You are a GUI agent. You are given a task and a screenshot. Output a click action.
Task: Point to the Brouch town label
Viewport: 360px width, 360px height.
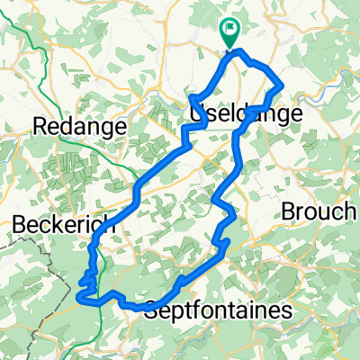tap(318, 211)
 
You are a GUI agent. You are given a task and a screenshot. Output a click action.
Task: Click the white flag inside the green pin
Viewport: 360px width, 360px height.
tap(231, 30)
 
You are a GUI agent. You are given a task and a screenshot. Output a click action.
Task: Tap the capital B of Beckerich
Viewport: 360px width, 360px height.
tap(20, 227)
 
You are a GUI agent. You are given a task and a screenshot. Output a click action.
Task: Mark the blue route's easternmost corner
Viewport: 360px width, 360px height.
tap(283, 85)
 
